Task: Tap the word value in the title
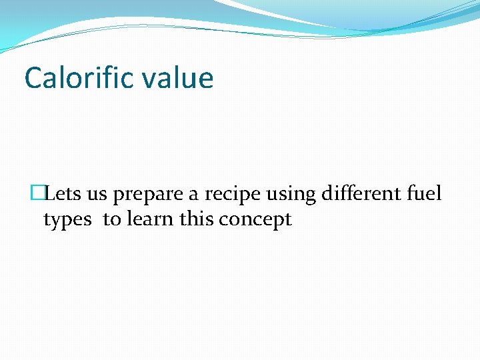[x=180, y=78]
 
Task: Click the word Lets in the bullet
[x=63, y=194]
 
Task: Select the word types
[x=67, y=220]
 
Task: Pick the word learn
[x=151, y=219]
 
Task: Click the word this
[x=195, y=219]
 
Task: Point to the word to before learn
[x=112, y=219]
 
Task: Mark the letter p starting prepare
[x=118, y=196]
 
